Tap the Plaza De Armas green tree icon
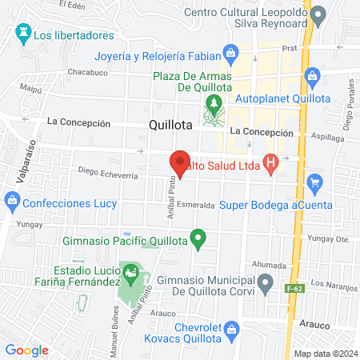[213, 102]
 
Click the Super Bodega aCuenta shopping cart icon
[314, 183]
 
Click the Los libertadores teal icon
[22, 34]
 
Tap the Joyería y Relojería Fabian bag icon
[231, 54]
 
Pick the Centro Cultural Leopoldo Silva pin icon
[318, 14]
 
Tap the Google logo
[26, 350]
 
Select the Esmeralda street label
[197, 206]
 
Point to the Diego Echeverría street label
[110, 171]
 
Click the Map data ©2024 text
[324, 354]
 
